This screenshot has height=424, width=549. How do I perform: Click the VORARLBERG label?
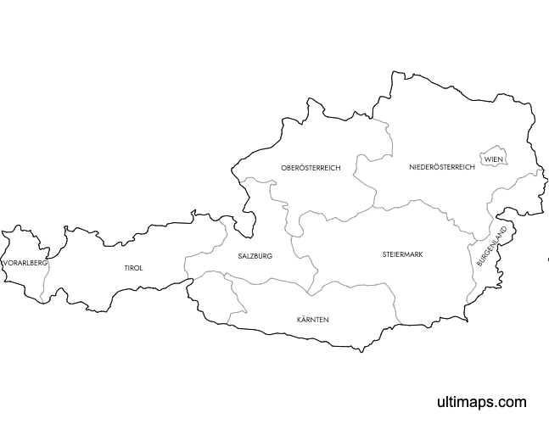click(x=25, y=264)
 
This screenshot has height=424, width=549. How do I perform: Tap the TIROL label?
click(x=133, y=268)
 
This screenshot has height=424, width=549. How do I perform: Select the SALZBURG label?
click(x=255, y=255)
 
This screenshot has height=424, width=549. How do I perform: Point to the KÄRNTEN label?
click(x=312, y=320)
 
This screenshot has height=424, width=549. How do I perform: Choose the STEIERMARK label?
click(x=402, y=254)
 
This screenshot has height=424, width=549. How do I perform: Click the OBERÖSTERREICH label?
click(x=311, y=168)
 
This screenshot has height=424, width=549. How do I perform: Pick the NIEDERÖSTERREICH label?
click(x=440, y=167)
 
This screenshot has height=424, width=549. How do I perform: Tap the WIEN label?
click(x=493, y=159)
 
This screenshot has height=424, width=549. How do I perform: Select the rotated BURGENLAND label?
click(x=491, y=247)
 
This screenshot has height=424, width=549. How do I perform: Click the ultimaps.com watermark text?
click(x=481, y=402)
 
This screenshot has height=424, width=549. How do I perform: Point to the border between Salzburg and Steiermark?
click(x=294, y=246)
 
